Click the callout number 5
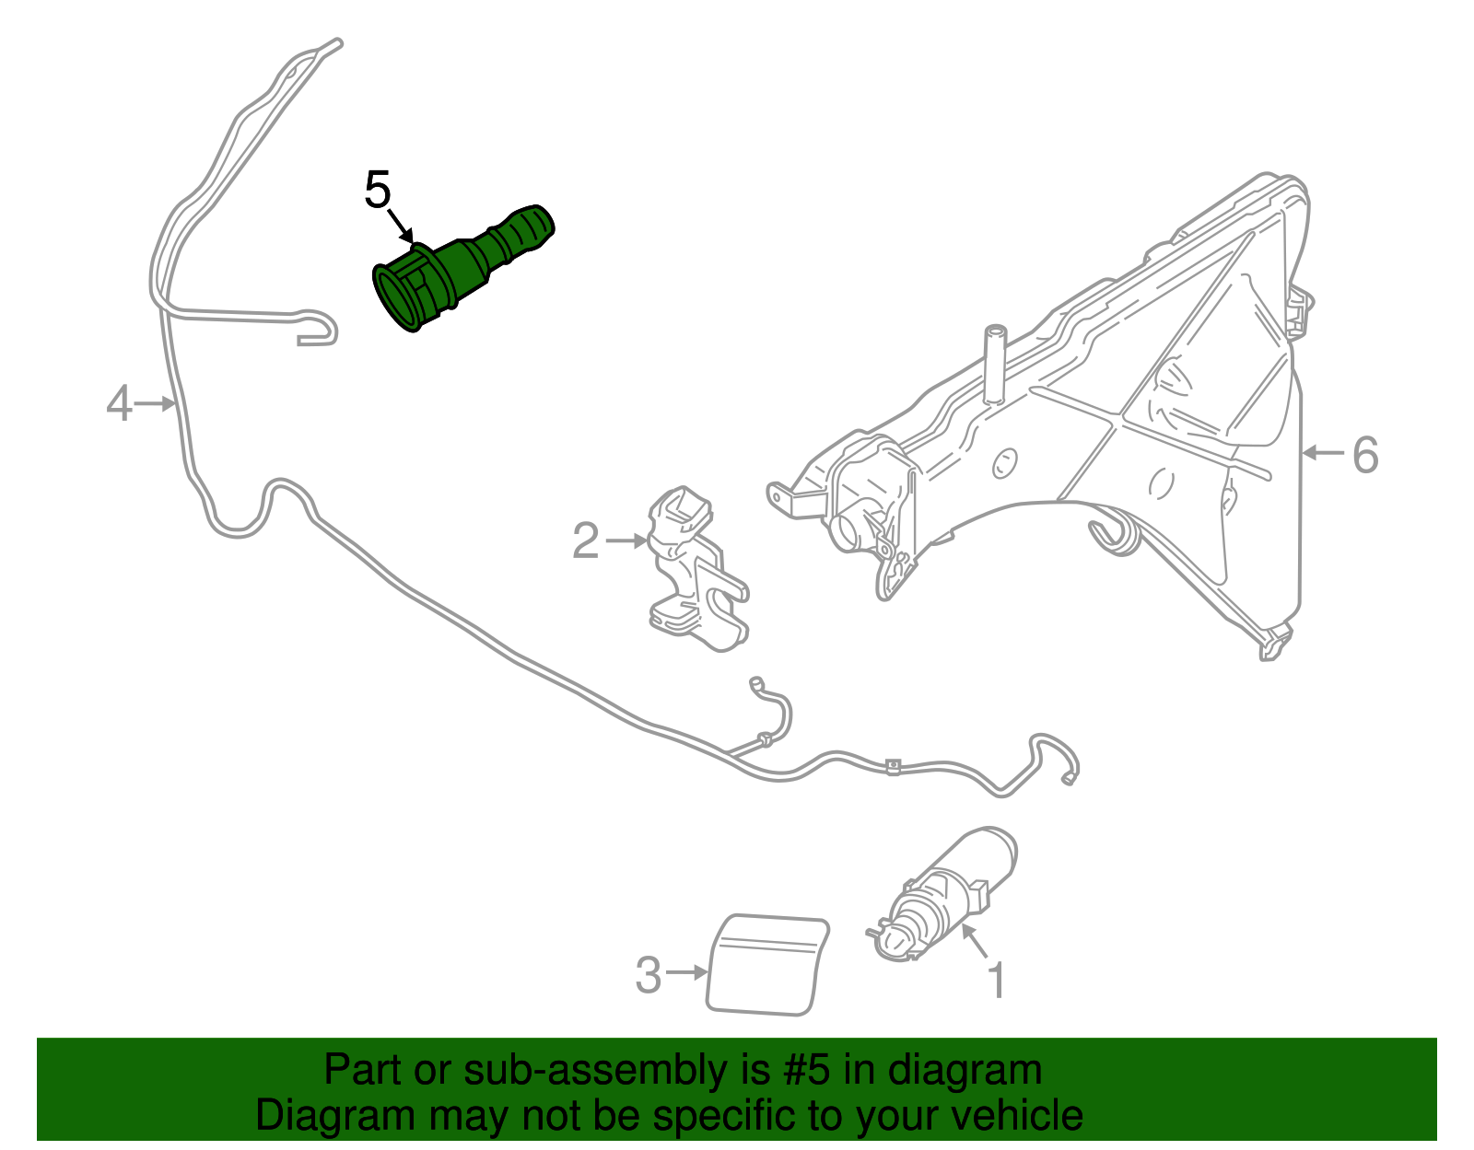[x=378, y=191]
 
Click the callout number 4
[x=119, y=404]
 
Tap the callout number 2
[x=586, y=540]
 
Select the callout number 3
[x=649, y=975]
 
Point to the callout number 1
[x=997, y=981]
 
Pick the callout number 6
[x=1365, y=454]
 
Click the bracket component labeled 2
[x=696, y=571]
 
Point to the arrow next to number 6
[x=1323, y=453]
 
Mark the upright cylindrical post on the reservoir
[x=994, y=364]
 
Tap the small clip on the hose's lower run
[x=892, y=766]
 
